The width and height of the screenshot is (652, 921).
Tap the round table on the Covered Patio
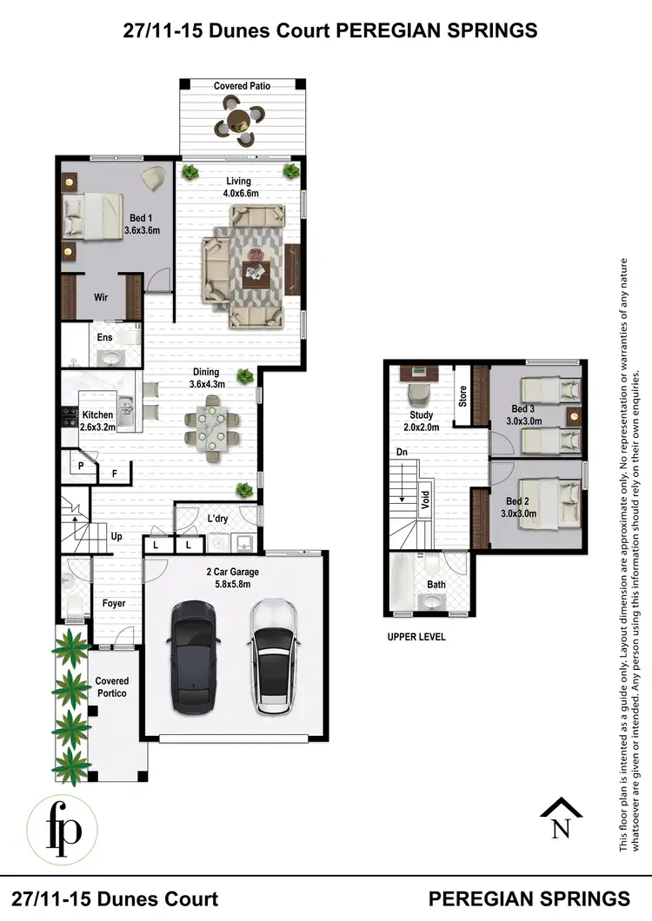(x=238, y=123)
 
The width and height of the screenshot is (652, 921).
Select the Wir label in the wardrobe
(x=101, y=297)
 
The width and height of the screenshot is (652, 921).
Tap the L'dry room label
(x=217, y=519)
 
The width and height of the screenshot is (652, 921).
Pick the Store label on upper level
(x=462, y=396)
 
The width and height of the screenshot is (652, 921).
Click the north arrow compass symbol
(x=561, y=818)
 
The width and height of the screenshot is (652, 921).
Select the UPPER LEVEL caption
(x=416, y=637)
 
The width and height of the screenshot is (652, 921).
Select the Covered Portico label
(x=112, y=687)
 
